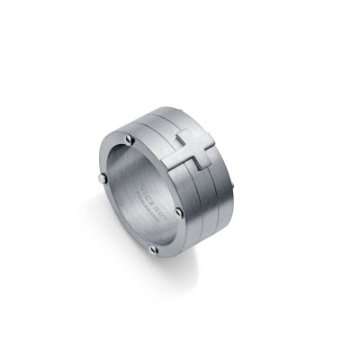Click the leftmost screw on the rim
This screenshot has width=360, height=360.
[97, 184]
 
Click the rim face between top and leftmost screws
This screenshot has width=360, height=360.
[108, 157]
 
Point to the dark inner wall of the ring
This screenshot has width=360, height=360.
[126, 193]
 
